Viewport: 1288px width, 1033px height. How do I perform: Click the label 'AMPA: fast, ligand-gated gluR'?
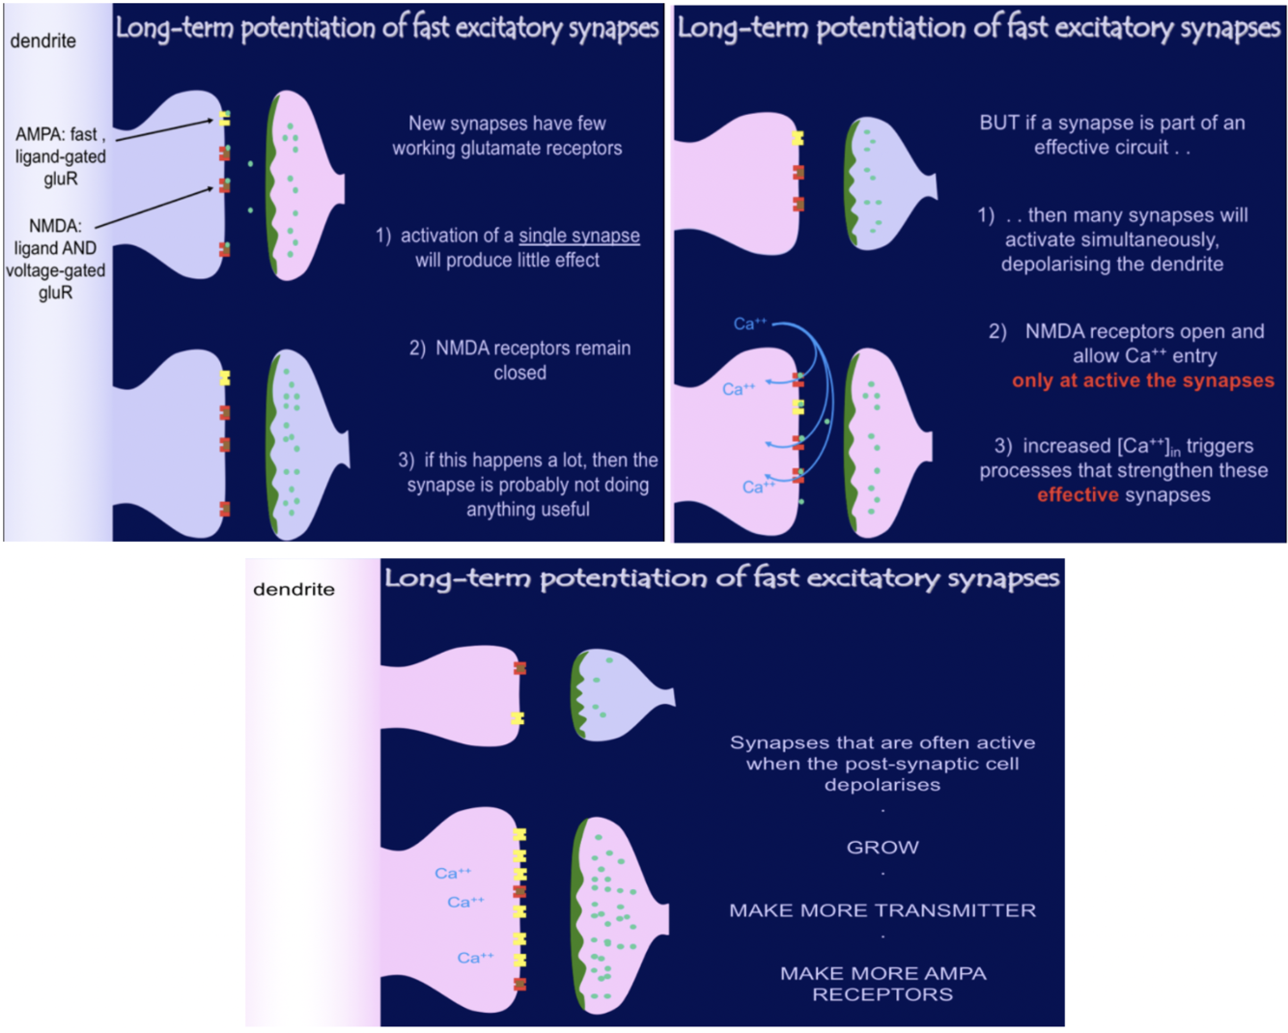pyautogui.click(x=60, y=156)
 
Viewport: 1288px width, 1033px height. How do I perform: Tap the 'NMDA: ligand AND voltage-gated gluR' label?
pyautogui.click(x=55, y=259)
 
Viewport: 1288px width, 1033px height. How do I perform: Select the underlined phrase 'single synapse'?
pyautogui.click(x=579, y=236)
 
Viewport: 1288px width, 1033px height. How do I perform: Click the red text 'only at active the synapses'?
pyautogui.click(x=1142, y=380)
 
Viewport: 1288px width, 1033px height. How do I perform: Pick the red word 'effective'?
pyautogui.click(x=1078, y=495)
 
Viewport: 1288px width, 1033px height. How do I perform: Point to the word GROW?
pyautogui.click(x=882, y=848)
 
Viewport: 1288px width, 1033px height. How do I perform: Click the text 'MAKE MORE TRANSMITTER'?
pyautogui.click(x=882, y=910)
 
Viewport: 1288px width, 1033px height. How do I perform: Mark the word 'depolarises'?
pyautogui.click(x=882, y=785)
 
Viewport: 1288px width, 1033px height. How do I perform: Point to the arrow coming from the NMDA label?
pyautogui.click(x=154, y=208)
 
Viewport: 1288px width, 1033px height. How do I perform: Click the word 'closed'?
pyautogui.click(x=519, y=374)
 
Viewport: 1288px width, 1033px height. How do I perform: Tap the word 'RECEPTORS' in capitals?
pyautogui.click(x=882, y=994)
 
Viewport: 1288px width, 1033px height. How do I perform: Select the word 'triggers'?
pyautogui.click(x=1219, y=446)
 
